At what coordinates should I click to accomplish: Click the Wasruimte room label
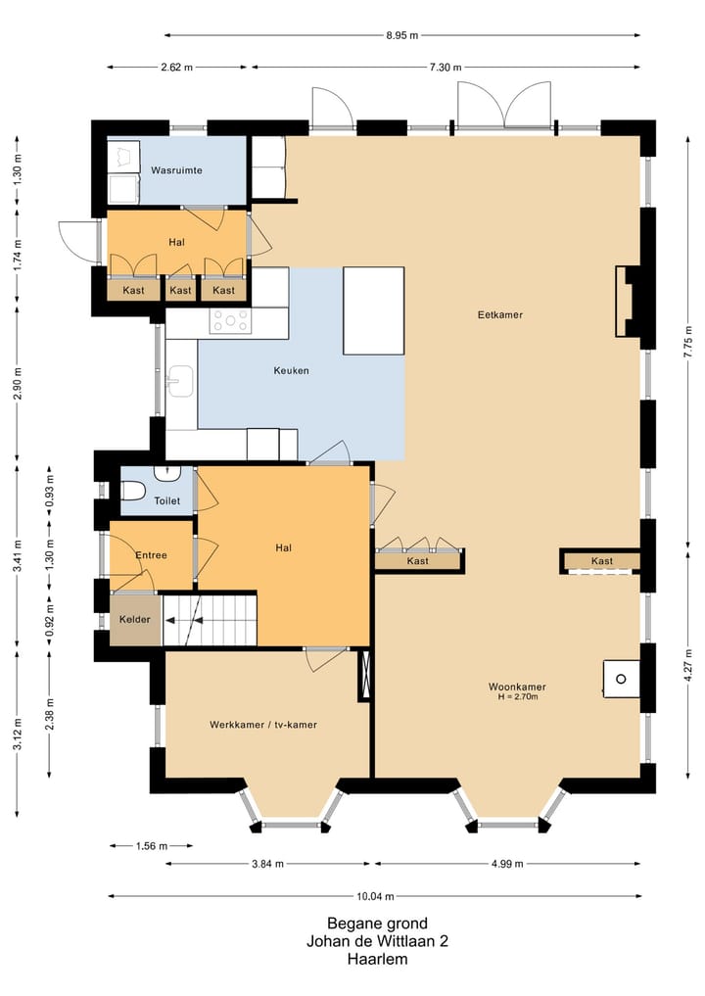176,170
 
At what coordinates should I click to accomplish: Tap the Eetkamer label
499,314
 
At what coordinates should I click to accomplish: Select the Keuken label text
291,370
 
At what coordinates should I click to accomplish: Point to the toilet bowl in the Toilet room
133,491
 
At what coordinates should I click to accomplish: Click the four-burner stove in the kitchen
230,320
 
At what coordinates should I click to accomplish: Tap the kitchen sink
181,382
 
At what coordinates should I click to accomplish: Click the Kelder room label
135,619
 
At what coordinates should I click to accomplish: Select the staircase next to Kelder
210,620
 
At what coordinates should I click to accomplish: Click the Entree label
151,555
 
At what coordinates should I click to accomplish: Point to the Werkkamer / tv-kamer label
263,724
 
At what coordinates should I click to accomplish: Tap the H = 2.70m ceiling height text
518,697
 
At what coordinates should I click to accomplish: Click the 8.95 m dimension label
402,35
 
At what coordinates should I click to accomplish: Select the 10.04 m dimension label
375,896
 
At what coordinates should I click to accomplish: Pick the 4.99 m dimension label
507,864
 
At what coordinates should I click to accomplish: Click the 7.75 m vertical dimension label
687,342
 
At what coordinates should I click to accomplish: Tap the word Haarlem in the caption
377,959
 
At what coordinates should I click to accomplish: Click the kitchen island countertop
373,310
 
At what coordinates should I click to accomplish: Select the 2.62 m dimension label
176,67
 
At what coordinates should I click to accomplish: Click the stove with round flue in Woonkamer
621,679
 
